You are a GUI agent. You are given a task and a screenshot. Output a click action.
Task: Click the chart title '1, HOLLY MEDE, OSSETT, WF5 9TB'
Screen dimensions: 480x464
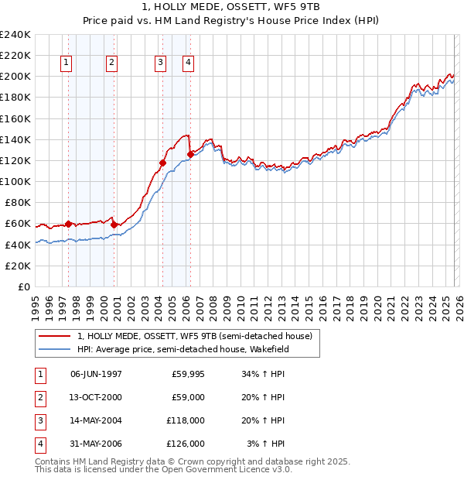click(x=231, y=6)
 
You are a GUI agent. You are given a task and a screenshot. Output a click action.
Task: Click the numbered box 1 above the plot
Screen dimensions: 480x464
click(x=67, y=63)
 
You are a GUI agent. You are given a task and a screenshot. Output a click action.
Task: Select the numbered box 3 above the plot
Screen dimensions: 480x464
click(x=160, y=63)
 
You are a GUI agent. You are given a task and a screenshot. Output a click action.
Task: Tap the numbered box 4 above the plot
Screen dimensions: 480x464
click(x=188, y=63)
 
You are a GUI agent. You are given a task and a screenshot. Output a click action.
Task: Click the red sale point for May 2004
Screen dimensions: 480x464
click(x=162, y=163)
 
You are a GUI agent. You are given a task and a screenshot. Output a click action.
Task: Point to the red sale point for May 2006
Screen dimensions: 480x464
click(x=190, y=154)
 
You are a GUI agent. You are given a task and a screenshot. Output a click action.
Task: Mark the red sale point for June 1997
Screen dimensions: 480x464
click(x=68, y=224)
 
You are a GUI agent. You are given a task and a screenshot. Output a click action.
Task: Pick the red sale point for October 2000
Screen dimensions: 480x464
click(x=114, y=225)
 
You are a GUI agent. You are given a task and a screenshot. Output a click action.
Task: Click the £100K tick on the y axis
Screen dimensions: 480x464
click(x=15, y=181)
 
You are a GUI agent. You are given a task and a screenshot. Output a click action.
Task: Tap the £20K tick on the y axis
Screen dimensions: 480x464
click(x=18, y=266)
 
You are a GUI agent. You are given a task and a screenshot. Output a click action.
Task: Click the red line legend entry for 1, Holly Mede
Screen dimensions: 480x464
click(x=194, y=336)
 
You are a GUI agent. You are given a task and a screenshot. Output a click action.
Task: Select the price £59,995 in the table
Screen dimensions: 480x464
click(x=188, y=374)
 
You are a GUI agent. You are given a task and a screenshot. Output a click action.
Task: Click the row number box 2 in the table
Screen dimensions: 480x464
click(x=39, y=397)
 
